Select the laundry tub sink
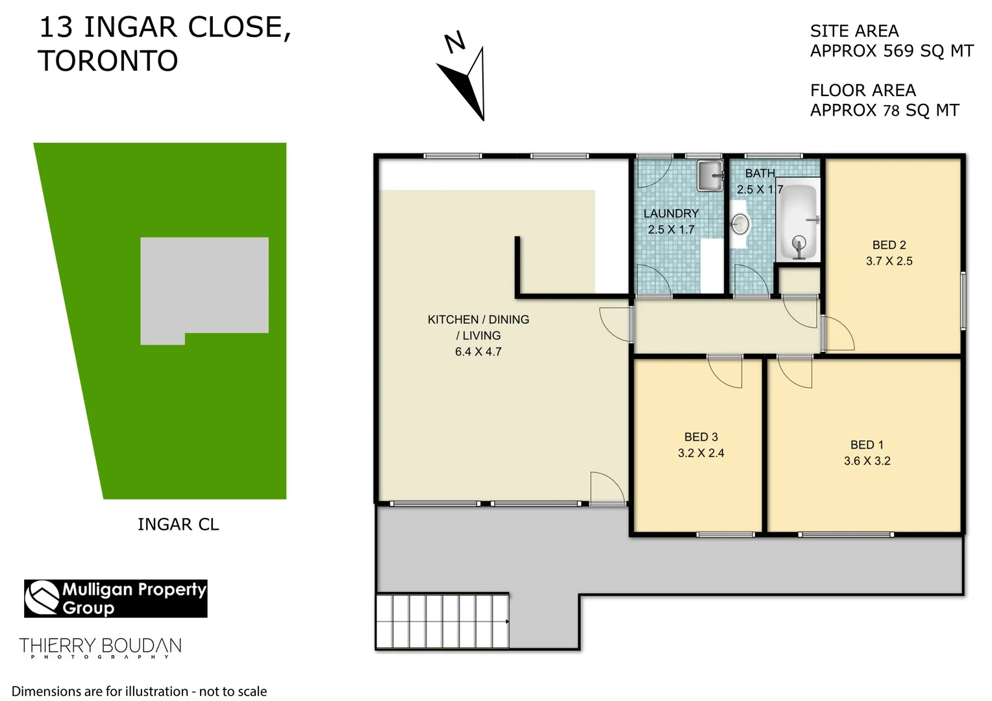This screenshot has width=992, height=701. (710, 175)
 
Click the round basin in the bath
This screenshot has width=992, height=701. (740, 225)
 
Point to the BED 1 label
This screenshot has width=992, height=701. (867, 445)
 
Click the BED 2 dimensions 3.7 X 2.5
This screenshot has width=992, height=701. (889, 261)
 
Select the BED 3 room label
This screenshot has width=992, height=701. (701, 437)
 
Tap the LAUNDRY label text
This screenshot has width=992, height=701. (671, 214)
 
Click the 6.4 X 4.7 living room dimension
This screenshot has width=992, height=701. (478, 352)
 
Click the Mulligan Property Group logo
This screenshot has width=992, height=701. (116, 598)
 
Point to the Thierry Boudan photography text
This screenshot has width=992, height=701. (100, 647)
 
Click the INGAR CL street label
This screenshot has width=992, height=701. (178, 524)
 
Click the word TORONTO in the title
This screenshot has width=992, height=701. (108, 61)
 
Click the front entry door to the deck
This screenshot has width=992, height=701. (608, 487)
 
